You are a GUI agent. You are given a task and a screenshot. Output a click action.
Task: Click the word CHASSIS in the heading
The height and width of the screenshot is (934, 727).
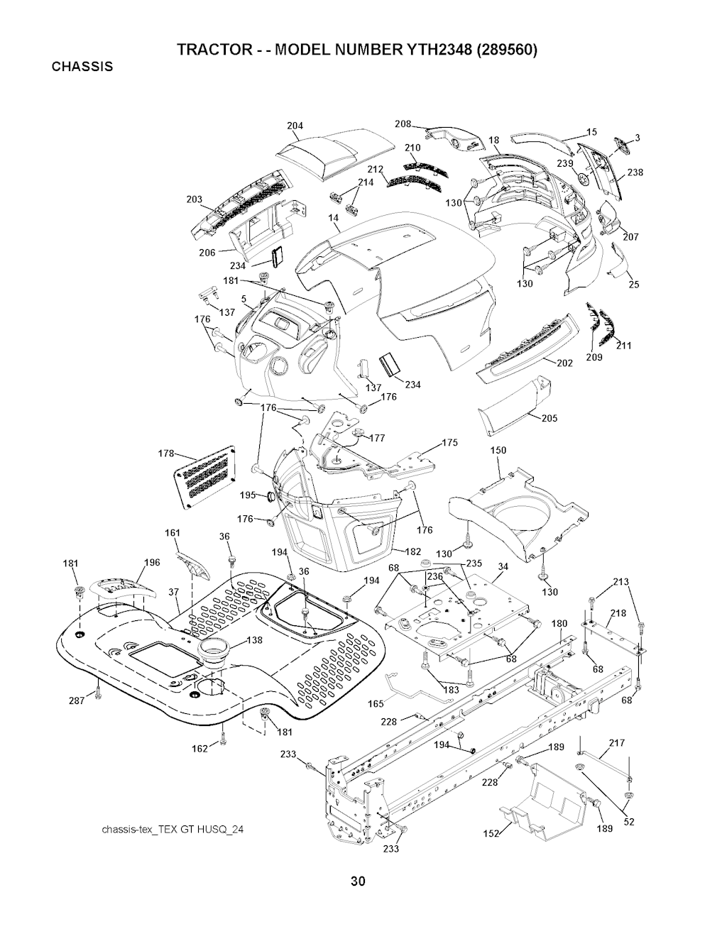(82, 67)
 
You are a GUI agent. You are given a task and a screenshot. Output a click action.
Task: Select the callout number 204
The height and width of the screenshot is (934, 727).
(295, 126)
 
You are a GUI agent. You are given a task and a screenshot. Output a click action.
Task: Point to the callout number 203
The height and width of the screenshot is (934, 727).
(193, 199)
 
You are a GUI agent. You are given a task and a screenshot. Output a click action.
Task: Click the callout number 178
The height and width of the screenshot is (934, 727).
(165, 452)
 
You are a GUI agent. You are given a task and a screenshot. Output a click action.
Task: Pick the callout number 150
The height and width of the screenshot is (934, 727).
(498, 451)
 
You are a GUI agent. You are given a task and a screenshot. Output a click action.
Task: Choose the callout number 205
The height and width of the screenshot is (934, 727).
(549, 418)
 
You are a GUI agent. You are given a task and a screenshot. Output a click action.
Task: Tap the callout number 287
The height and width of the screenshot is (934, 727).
(77, 700)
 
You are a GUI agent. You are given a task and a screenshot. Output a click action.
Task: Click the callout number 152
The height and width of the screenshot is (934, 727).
(491, 833)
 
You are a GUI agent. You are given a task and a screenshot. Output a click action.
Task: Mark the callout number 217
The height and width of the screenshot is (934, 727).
(616, 743)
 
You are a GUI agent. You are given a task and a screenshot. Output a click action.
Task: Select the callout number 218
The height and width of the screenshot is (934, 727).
(618, 613)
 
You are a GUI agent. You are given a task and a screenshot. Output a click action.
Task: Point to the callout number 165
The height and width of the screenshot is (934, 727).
(376, 704)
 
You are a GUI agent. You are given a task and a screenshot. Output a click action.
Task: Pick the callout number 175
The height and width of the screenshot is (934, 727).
(449, 443)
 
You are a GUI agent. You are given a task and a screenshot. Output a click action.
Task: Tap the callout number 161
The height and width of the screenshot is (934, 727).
(173, 533)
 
